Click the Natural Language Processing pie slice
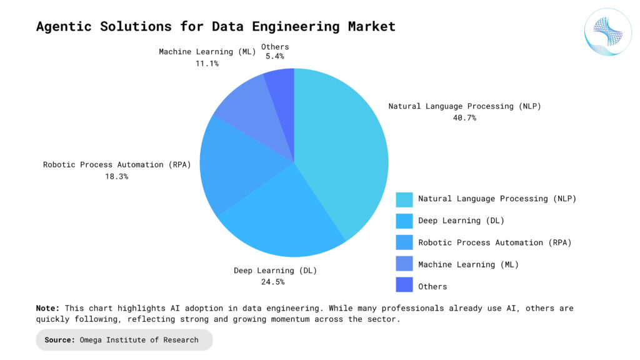pyautogui.click(x=344, y=150)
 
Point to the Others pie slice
pyautogui.click(x=282, y=87)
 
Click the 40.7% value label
pyautogui.click(x=464, y=117)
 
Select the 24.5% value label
pyautogui.click(x=276, y=282)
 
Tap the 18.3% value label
pyautogui.click(x=117, y=176)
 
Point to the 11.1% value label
pyautogui.click(x=207, y=63)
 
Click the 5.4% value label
pyautogui.click(x=275, y=56)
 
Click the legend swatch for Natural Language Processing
pyautogui.click(x=404, y=199)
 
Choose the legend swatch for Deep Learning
pyautogui.click(x=404, y=221)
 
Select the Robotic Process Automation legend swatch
pyautogui.click(x=404, y=242)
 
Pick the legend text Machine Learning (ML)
pyautogui.click(x=468, y=264)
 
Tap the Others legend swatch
pyautogui.click(x=404, y=286)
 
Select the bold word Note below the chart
pyautogui.click(x=47, y=308)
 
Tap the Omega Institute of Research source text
pyautogui.click(x=139, y=340)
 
